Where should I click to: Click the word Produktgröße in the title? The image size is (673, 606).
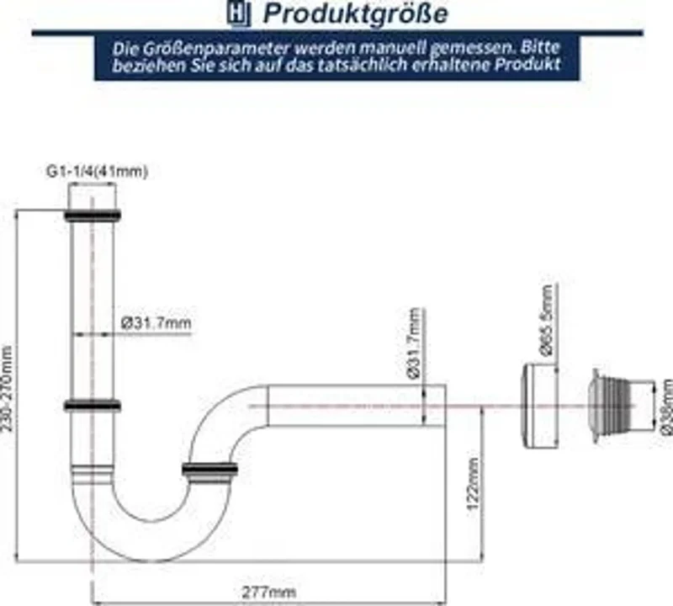tap(355, 13)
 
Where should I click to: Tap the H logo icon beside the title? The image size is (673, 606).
tap(239, 13)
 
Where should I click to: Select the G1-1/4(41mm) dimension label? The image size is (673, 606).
tap(97, 172)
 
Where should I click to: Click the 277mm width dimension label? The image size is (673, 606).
tap(269, 593)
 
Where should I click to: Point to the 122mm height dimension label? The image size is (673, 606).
tap(473, 484)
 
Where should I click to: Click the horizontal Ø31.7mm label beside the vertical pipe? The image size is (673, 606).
tap(156, 322)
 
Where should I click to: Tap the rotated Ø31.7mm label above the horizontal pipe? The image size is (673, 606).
tap(414, 343)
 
